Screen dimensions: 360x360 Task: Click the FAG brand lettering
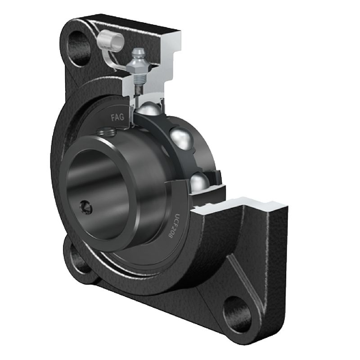(117, 117)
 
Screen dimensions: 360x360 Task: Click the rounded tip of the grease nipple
(137, 52)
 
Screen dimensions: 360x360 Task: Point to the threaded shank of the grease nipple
(139, 78)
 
